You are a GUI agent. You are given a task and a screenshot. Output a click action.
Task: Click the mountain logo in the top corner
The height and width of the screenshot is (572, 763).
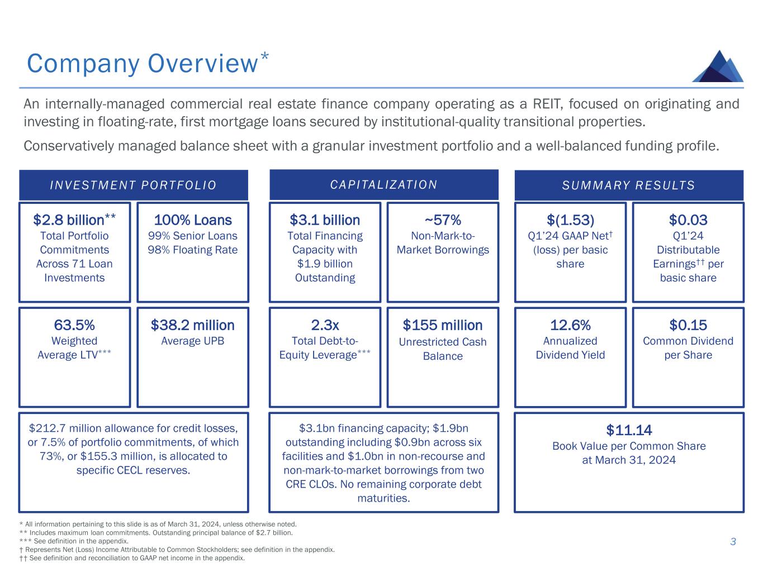click(x=718, y=66)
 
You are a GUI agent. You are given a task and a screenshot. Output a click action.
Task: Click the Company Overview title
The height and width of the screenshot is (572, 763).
click(x=142, y=64)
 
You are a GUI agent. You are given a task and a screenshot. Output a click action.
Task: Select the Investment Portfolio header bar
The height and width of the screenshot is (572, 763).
click(x=134, y=185)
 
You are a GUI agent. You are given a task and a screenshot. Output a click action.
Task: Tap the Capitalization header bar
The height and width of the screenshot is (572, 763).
click(x=384, y=184)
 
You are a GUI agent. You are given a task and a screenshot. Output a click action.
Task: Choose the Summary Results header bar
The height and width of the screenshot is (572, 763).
click(x=629, y=185)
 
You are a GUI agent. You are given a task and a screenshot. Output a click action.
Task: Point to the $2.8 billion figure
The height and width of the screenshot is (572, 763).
click(x=69, y=220)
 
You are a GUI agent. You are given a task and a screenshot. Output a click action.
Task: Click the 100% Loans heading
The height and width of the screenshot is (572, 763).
click(x=193, y=220)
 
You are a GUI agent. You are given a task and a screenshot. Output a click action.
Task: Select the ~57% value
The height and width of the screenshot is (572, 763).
click(x=443, y=220)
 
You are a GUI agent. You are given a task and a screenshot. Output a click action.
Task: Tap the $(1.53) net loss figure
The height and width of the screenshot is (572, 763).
click(x=570, y=220)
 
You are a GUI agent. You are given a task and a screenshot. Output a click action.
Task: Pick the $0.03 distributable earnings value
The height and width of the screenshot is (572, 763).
click(x=688, y=220)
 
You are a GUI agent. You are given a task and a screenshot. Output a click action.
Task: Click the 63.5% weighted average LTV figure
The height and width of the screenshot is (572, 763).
click(x=74, y=325)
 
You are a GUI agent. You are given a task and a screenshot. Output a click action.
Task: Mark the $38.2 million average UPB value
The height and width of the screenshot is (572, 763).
click(x=193, y=325)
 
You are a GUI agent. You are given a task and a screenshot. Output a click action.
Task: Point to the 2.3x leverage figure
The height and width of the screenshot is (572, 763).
click(x=325, y=325)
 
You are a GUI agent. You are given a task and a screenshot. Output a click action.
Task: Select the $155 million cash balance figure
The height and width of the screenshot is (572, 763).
click(x=443, y=325)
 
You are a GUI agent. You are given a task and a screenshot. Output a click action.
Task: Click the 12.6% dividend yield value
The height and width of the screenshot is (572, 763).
click(x=570, y=325)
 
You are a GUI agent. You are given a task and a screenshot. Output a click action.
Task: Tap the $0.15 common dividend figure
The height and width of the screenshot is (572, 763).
click(x=688, y=325)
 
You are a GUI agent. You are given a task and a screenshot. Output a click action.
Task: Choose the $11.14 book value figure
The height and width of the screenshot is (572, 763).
click(x=629, y=430)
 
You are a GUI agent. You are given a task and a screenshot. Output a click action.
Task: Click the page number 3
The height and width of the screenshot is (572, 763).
click(x=733, y=541)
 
